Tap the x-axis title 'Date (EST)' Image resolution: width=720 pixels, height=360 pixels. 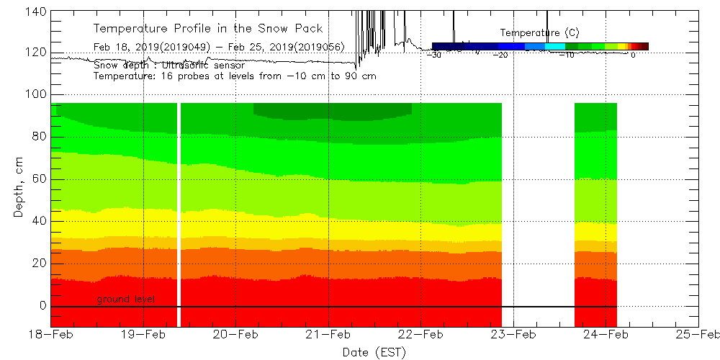[374, 351]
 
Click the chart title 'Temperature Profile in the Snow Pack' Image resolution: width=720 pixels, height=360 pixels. [208, 29]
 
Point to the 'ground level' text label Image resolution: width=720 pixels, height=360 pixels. [126, 299]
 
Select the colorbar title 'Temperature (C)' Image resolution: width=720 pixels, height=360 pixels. [539, 32]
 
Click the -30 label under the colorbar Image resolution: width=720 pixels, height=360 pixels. [434, 55]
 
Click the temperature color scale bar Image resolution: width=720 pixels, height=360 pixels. [540, 46]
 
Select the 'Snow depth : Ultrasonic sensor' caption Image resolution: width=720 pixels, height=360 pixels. [169, 66]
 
